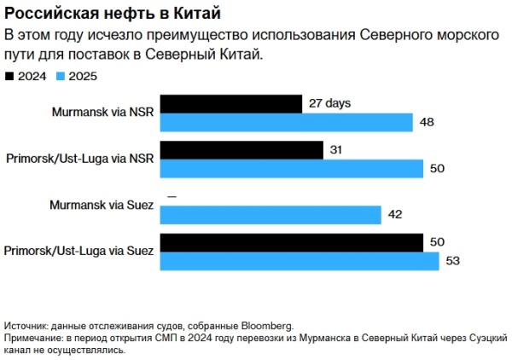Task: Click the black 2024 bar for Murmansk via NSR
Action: click(231, 104)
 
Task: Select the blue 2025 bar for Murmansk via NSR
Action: click(287, 123)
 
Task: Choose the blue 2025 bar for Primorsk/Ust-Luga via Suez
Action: click(300, 261)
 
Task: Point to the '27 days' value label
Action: click(330, 104)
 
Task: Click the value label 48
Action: click(428, 123)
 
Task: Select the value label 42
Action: click(395, 215)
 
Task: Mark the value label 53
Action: click(452, 261)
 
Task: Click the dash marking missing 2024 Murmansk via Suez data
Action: click(172, 197)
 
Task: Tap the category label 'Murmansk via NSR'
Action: click(102, 113)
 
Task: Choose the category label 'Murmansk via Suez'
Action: click(101, 206)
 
